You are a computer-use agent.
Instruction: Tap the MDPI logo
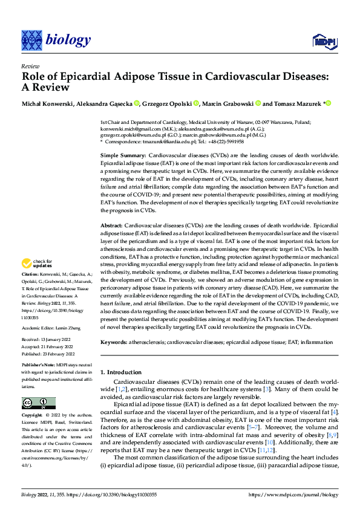323,41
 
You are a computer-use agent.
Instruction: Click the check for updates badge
36,264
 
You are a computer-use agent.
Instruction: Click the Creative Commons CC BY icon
39,403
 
